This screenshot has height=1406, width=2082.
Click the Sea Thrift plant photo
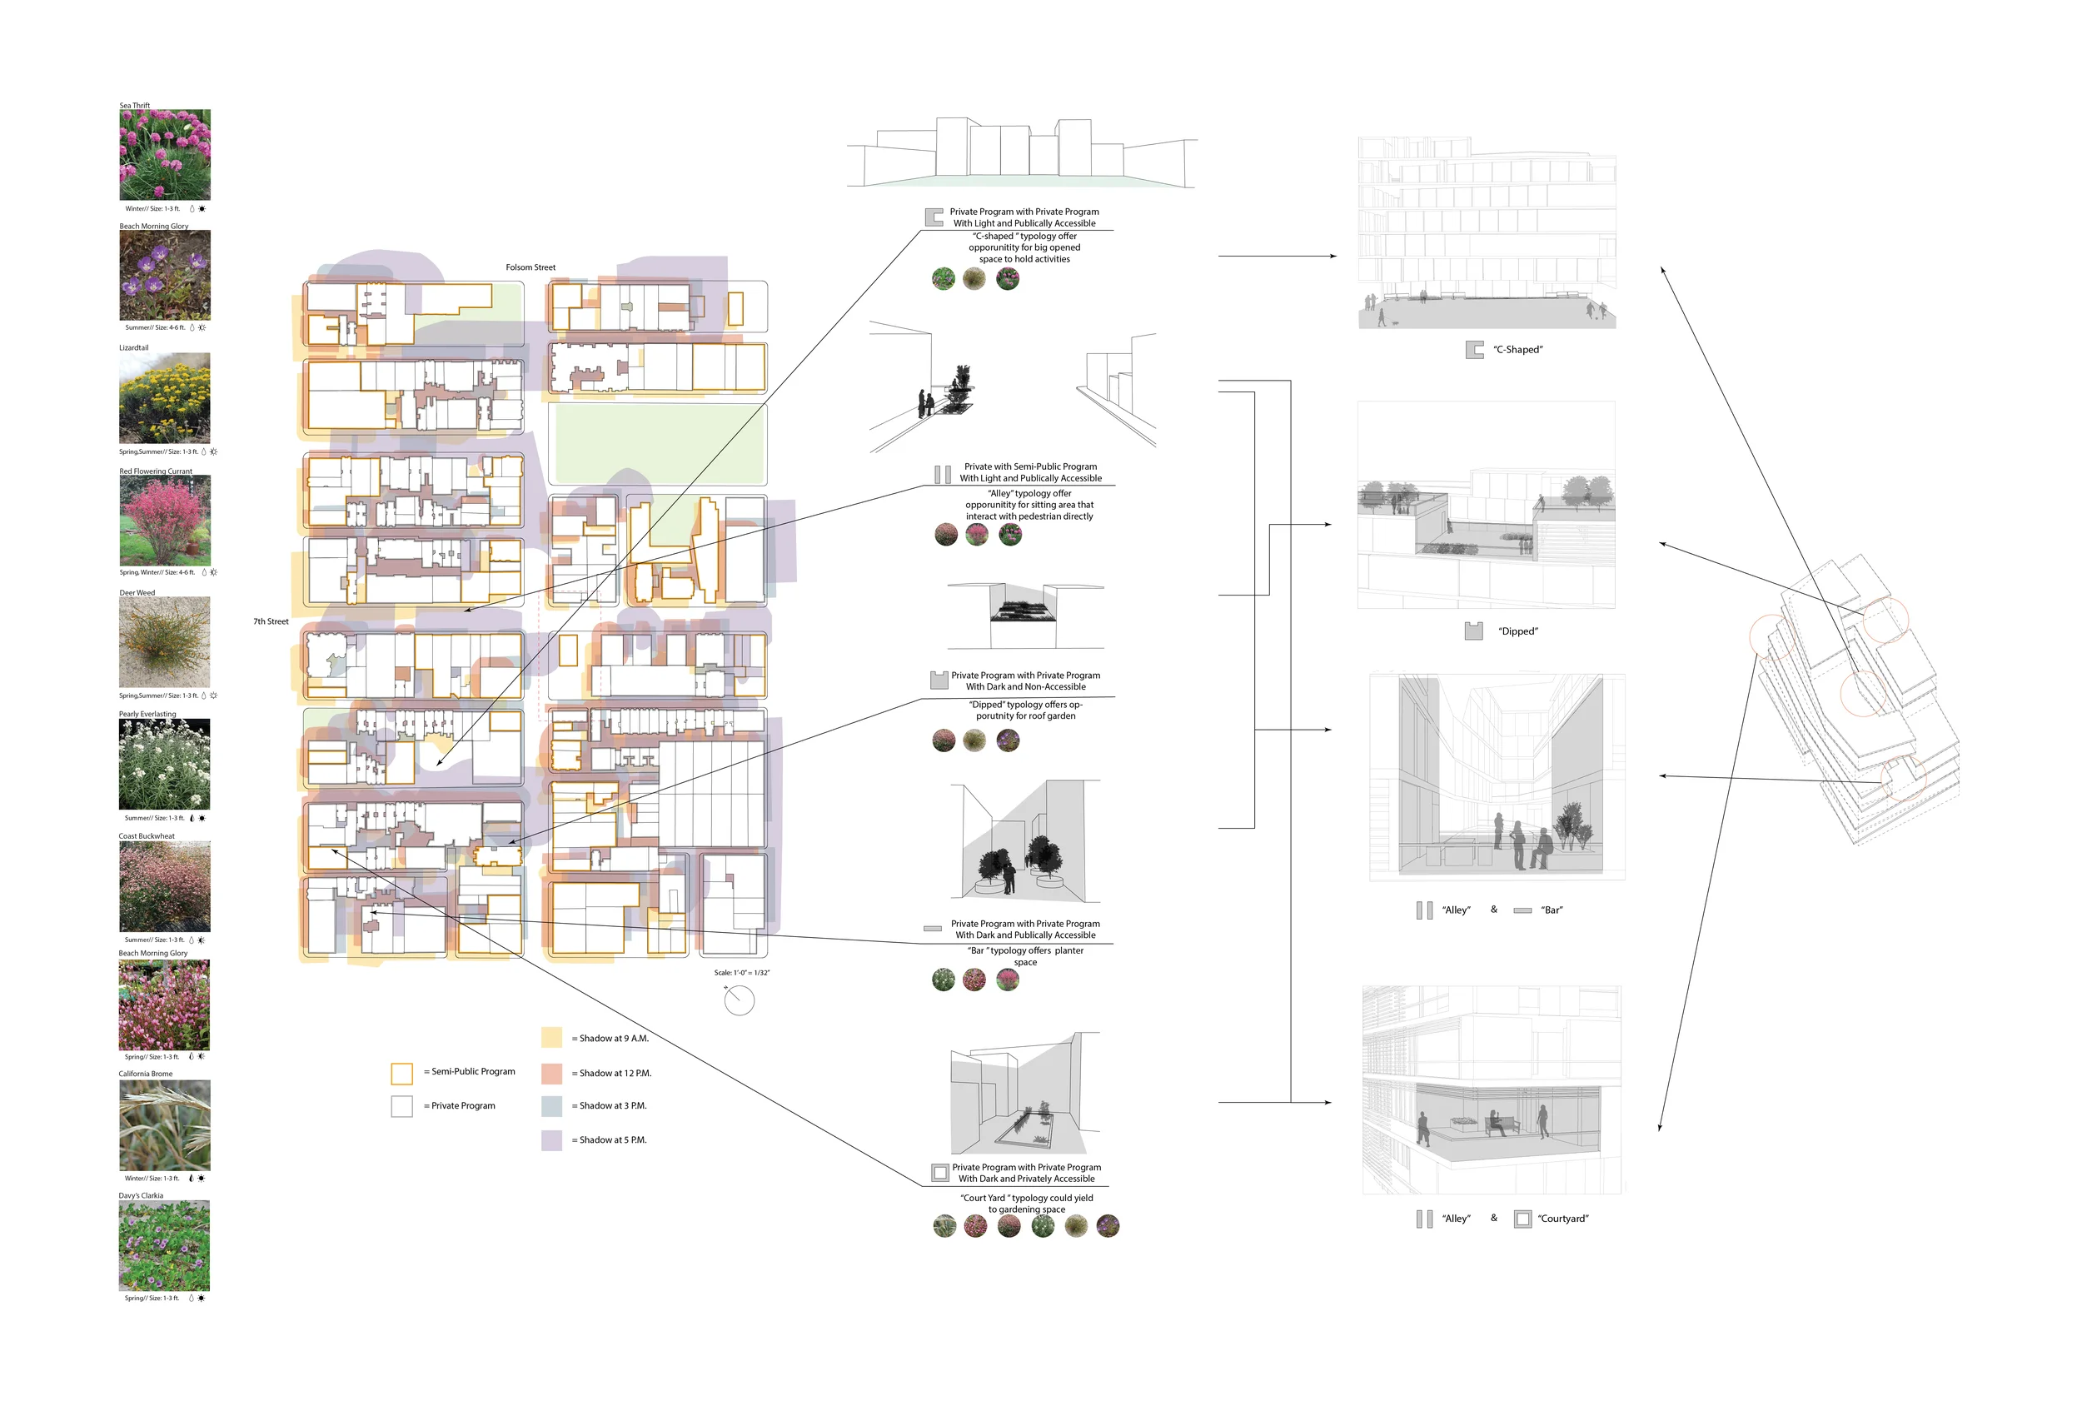(165, 155)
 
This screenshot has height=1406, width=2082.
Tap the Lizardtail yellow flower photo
(165, 398)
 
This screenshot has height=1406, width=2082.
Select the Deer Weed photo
(165, 642)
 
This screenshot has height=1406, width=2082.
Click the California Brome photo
(165, 1125)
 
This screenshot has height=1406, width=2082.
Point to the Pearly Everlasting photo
(165, 765)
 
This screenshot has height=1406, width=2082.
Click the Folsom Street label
(530, 268)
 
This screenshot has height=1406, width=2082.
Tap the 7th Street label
(271, 622)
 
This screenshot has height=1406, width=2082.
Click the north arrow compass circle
(739, 1000)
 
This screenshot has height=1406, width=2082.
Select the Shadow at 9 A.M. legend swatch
(552, 1038)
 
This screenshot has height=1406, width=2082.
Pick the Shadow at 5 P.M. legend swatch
(552, 1139)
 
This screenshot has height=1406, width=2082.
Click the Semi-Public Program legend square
(401, 1073)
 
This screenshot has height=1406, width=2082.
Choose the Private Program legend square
(401, 1106)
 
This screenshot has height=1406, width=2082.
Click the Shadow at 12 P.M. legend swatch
(552, 1073)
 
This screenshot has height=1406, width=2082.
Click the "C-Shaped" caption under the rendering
(1517, 351)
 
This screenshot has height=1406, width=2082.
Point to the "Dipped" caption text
(1517, 631)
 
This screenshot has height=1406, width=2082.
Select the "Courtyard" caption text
(1562, 1219)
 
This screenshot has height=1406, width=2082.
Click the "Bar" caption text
(1552, 910)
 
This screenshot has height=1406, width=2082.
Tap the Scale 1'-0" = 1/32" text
(742, 973)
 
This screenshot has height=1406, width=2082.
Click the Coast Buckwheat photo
(165, 886)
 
